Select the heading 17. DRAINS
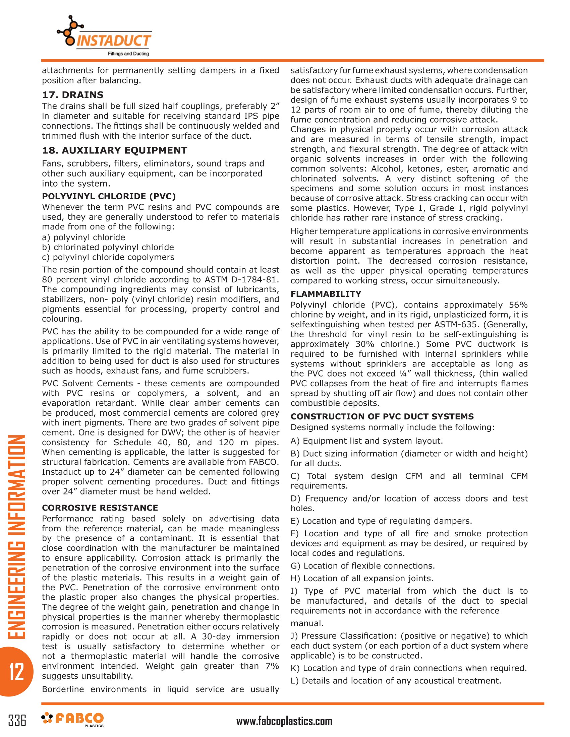(x=73, y=95)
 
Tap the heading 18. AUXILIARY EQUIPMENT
(x=114, y=150)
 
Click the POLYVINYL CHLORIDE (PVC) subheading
(x=109, y=196)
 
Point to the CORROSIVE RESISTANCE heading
(x=100, y=508)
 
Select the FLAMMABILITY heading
(x=326, y=294)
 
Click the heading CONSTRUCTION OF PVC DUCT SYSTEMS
(x=382, y=416)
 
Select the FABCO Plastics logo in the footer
(x=73, y=720)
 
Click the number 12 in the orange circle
(x=16, y=672)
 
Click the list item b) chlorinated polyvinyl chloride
(x=108, y=247)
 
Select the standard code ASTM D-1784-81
(x=242, y=280)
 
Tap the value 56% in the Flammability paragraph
(x=518, y=305)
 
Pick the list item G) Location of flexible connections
(x=363, y=566)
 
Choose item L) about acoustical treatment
(x=396, y=681)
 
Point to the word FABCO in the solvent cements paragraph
(x=263, y=462)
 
